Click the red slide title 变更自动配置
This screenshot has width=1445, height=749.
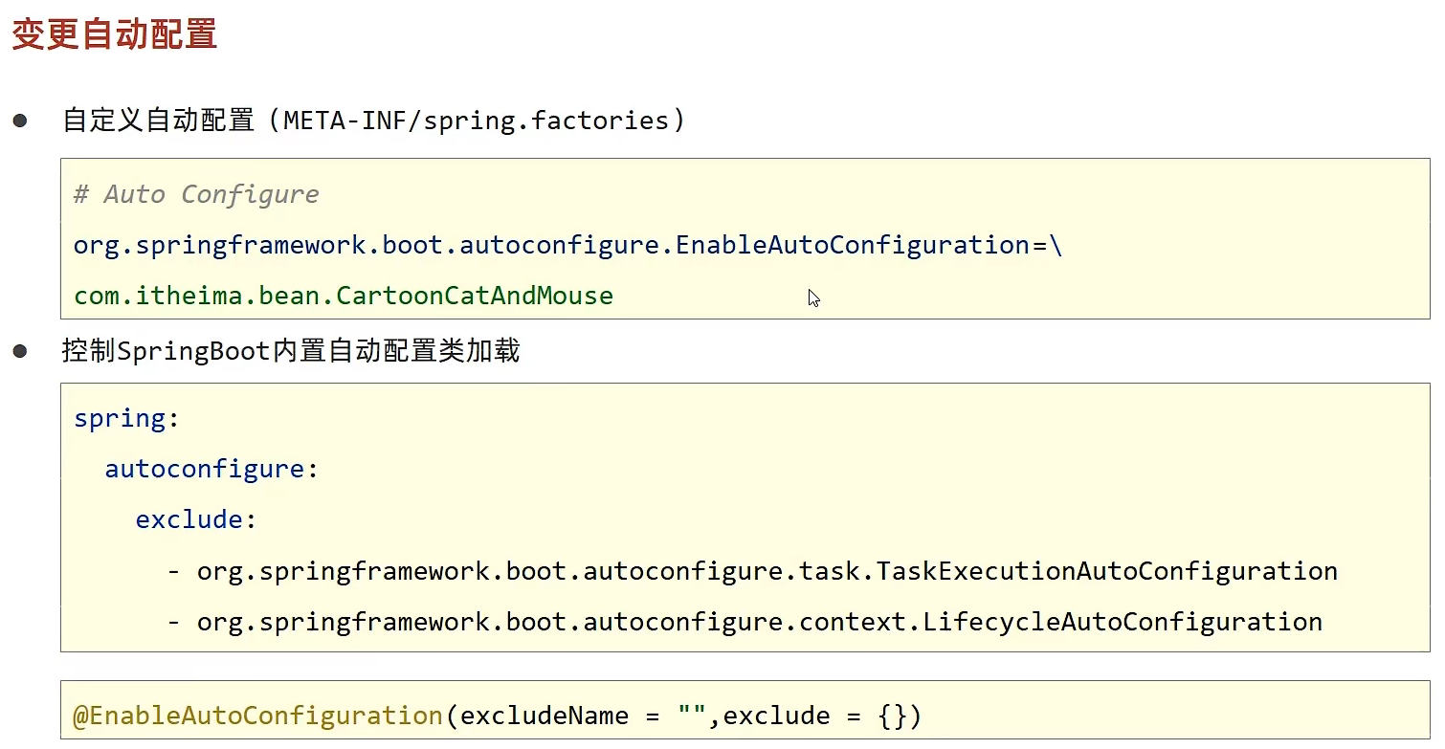click(x=114, y=34)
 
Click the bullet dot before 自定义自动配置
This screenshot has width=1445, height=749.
click(x=20, y=121)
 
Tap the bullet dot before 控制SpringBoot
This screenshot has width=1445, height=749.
click(x=20, y=351)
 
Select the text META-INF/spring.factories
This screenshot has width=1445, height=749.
click(x=476, y=121)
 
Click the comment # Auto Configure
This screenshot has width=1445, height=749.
click(x=196, y=194)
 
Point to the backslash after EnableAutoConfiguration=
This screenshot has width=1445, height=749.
click(x=1056, y=246)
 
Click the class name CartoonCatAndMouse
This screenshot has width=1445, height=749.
click(x=474, y=296)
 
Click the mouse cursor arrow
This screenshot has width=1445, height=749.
click(x=813, y=297)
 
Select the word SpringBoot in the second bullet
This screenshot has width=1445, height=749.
click(x=193, y=351)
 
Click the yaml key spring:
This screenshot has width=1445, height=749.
click(x=125, y=419)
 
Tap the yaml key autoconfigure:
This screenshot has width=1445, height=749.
click(x=211, y=470)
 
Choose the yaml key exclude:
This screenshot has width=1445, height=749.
click(x=195, y=519)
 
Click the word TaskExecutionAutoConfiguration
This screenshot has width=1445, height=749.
click(x=1106, y=571)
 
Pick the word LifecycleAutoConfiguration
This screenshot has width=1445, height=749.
click(x=1123, y=622)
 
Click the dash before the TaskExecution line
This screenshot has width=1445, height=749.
click(x=173, y=572)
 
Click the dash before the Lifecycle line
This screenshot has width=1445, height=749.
click(x=173, y=623)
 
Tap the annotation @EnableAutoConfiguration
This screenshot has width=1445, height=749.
click(x=257, y=716)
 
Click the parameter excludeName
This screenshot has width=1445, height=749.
click(x=544, y=716)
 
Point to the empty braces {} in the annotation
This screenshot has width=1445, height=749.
click(x=892, y=716)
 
